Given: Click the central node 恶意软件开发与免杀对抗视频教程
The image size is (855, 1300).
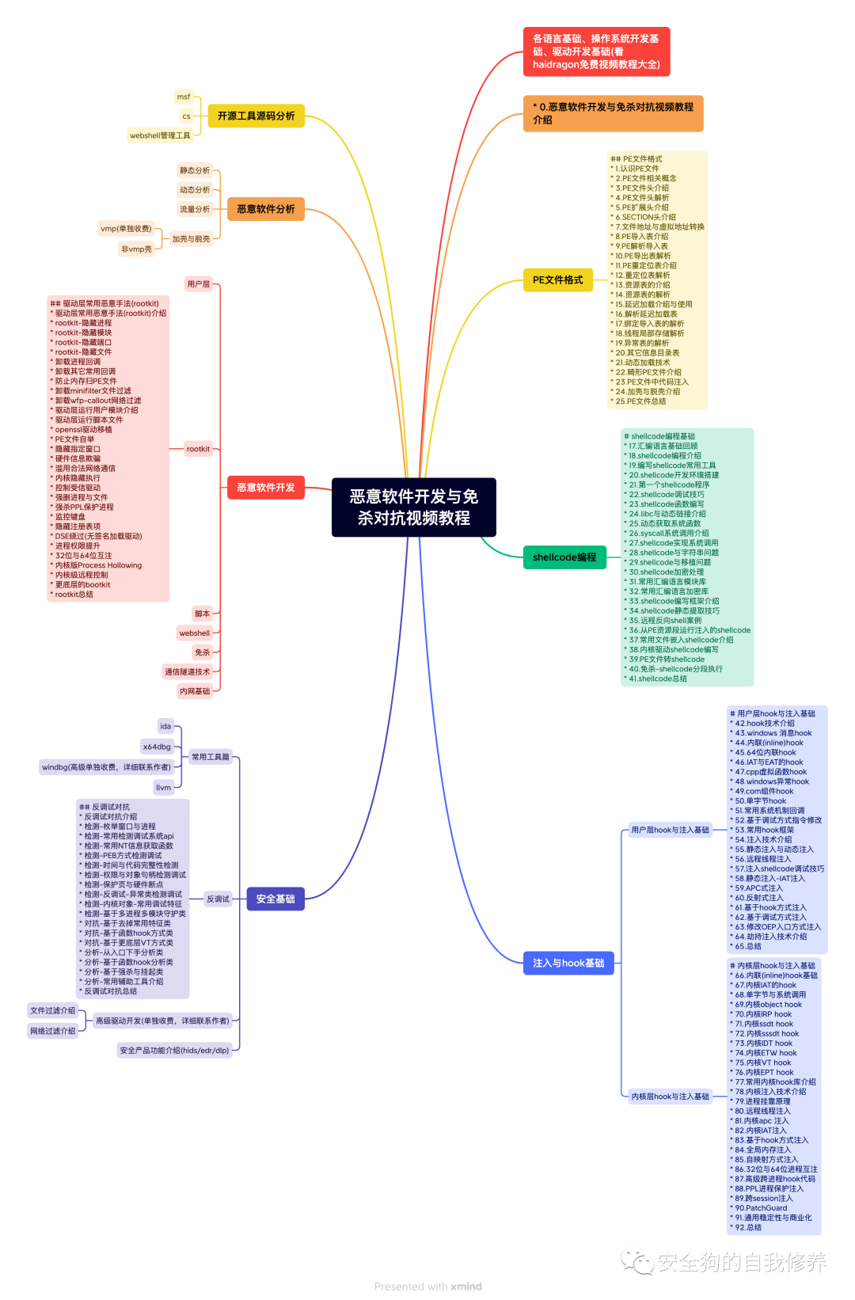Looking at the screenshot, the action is point(413,507).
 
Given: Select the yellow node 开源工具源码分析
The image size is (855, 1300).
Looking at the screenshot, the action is point(256,116).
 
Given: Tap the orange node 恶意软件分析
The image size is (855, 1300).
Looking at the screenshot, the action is point(265,210).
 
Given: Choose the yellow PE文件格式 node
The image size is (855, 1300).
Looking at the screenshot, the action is point(557,280).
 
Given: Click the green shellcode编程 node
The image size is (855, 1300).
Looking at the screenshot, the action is point(564,557).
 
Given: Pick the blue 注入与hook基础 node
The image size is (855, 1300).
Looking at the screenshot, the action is point(568,964).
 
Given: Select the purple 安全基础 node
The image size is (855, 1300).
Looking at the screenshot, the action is point(275,899).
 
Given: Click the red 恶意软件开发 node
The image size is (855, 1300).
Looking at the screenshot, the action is point(265,488).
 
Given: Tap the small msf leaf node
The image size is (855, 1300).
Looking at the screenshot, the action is point(184,97).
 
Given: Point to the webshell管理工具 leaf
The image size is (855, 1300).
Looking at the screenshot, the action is point(160,136).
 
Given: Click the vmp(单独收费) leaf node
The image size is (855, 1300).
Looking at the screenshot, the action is point(126,229).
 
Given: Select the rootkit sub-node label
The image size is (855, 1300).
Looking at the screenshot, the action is point(198,450).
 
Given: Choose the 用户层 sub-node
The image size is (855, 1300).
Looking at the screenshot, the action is point(199,284).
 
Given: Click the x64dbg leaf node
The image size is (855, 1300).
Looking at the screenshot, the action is point(157,747).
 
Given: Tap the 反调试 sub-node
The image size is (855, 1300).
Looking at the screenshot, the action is point(218,899).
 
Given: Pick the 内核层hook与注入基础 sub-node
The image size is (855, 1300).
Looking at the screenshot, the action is point(670,1097).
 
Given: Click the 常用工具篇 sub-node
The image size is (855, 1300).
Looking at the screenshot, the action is point(211,758).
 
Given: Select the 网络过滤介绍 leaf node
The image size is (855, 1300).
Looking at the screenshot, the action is point(53,1032).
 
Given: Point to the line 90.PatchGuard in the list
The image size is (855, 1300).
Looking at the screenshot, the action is point(761,1208).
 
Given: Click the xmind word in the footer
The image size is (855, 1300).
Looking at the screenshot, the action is point(466,1287).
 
